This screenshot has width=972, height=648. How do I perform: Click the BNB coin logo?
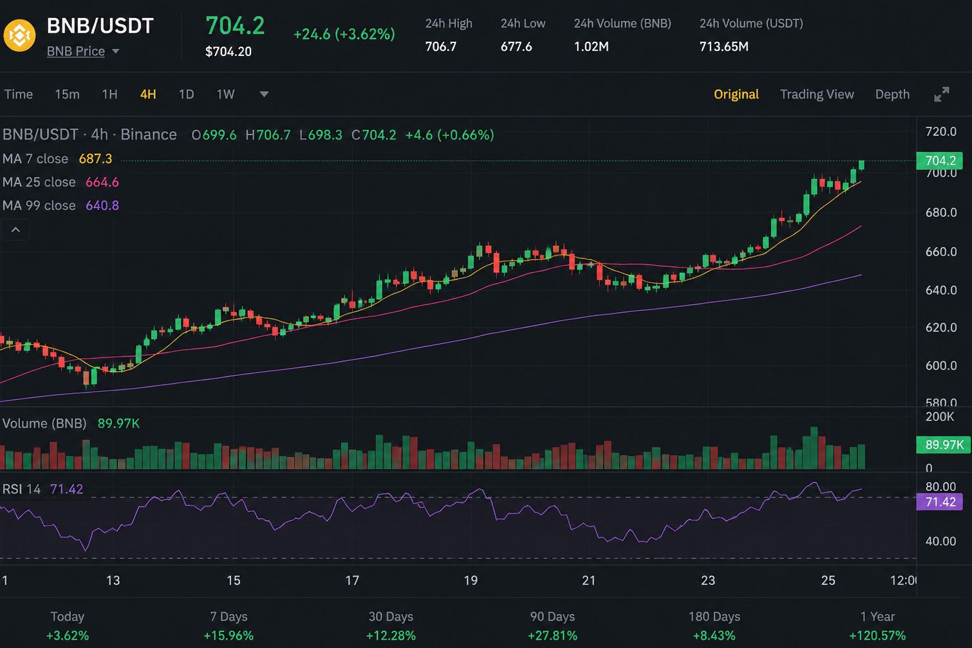click(x=19, y=35)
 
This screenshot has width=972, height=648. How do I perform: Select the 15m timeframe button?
click(x=67, y=94)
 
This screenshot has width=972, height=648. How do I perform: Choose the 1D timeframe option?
click(x=186, y=94)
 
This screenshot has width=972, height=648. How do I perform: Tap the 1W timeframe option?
click(x=226, y=94)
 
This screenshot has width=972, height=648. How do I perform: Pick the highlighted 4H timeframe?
click(x=148, y=94)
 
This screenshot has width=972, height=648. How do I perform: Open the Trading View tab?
click(x=817, y=94)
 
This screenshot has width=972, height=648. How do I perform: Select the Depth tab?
click(x=892, y=94)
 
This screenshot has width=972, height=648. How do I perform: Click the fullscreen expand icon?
click(x=942, y=94)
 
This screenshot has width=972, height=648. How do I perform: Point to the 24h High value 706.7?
click(x=441, y=46)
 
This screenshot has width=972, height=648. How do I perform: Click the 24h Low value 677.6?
click(x=516, y=46)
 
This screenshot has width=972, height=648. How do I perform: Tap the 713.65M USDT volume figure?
click(x=724, y=46)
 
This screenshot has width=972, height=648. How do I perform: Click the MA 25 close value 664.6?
click(x=102, y=182)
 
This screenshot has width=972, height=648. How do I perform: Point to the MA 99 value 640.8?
click(x=102, y=205)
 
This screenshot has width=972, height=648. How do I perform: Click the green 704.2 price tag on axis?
click(x=939, y=160)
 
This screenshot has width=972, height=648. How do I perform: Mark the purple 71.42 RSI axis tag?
click(x=939, y=502)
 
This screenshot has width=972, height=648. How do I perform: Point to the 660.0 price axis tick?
click(x=940, y=252)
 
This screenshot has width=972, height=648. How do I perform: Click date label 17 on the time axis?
click(x=352, y=580)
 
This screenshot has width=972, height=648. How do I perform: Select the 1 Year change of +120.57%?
click(x=877, y=636)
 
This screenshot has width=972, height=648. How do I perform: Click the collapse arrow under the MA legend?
click(x=15, y=230)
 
